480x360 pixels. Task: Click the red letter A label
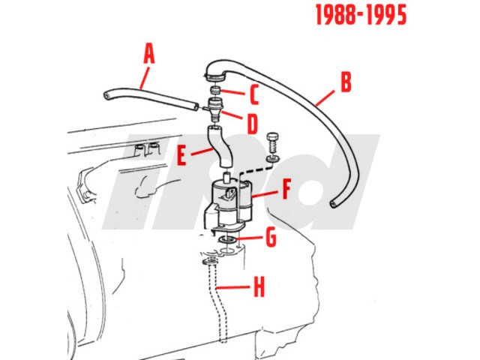[x=149, y=53]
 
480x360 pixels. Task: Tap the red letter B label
[x=346, y=82]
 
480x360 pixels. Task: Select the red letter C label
[x=254, y=94]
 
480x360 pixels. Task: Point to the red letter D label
[x=252, y=124]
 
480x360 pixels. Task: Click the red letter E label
[x=181, y=155]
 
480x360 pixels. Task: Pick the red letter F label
[x=286, y=189]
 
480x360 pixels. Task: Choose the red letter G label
[x=271, y=237]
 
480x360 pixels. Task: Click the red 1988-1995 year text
[x=361, y=15]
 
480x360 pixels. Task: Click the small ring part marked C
[x=215, y=91]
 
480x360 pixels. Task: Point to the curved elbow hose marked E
[x=220, y=146]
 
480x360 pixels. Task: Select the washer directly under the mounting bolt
[x=273, y=158]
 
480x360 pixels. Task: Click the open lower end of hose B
[x=334, y=203]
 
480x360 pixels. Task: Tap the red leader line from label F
[x=265, y=193]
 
